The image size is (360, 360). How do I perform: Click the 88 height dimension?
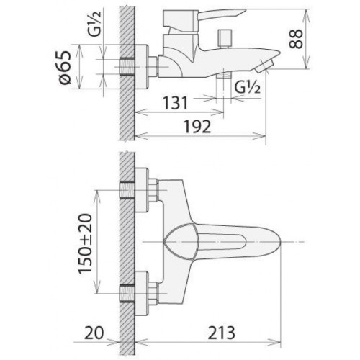[x=296, y=39]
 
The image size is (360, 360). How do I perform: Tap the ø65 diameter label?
[x=65, y=68]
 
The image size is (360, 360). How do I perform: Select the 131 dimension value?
[x=176, y=103]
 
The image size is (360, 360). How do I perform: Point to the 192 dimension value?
[x=197, y=127]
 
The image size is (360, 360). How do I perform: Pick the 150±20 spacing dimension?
[x=85, y=244]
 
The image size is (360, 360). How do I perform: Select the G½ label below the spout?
[x=247, y=87]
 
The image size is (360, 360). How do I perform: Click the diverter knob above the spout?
[x=225, y=38]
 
